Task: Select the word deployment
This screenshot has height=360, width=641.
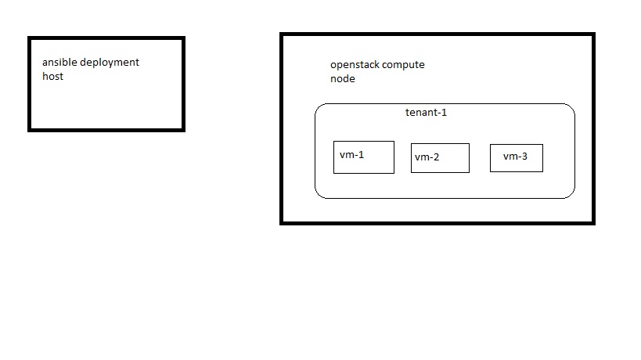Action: (110, 63)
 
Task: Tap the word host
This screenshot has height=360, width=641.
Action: (52, 77)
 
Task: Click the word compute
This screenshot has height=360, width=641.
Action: (403, 65)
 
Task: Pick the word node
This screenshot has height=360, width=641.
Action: (342, 79)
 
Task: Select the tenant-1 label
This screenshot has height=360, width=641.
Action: (426, 113)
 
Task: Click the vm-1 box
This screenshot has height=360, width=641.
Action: (363, 157)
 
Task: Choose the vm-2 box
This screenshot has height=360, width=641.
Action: (440, 158)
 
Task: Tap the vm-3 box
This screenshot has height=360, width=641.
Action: (516, 158)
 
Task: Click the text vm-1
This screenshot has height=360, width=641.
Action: (351, 155)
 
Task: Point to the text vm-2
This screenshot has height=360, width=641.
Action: (427, 157)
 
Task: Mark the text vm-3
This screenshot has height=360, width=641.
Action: (515, 157)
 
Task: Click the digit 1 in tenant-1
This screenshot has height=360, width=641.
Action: (444, 113)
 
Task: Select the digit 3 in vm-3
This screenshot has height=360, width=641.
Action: (524, 157)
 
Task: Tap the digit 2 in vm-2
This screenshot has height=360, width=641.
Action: (436, 157)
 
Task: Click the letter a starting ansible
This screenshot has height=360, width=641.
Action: (45, 63)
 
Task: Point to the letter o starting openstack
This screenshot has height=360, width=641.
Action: (333, 66)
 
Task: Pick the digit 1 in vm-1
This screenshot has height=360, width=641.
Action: (361, 155)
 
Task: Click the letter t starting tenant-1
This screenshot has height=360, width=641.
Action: (407, 113)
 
